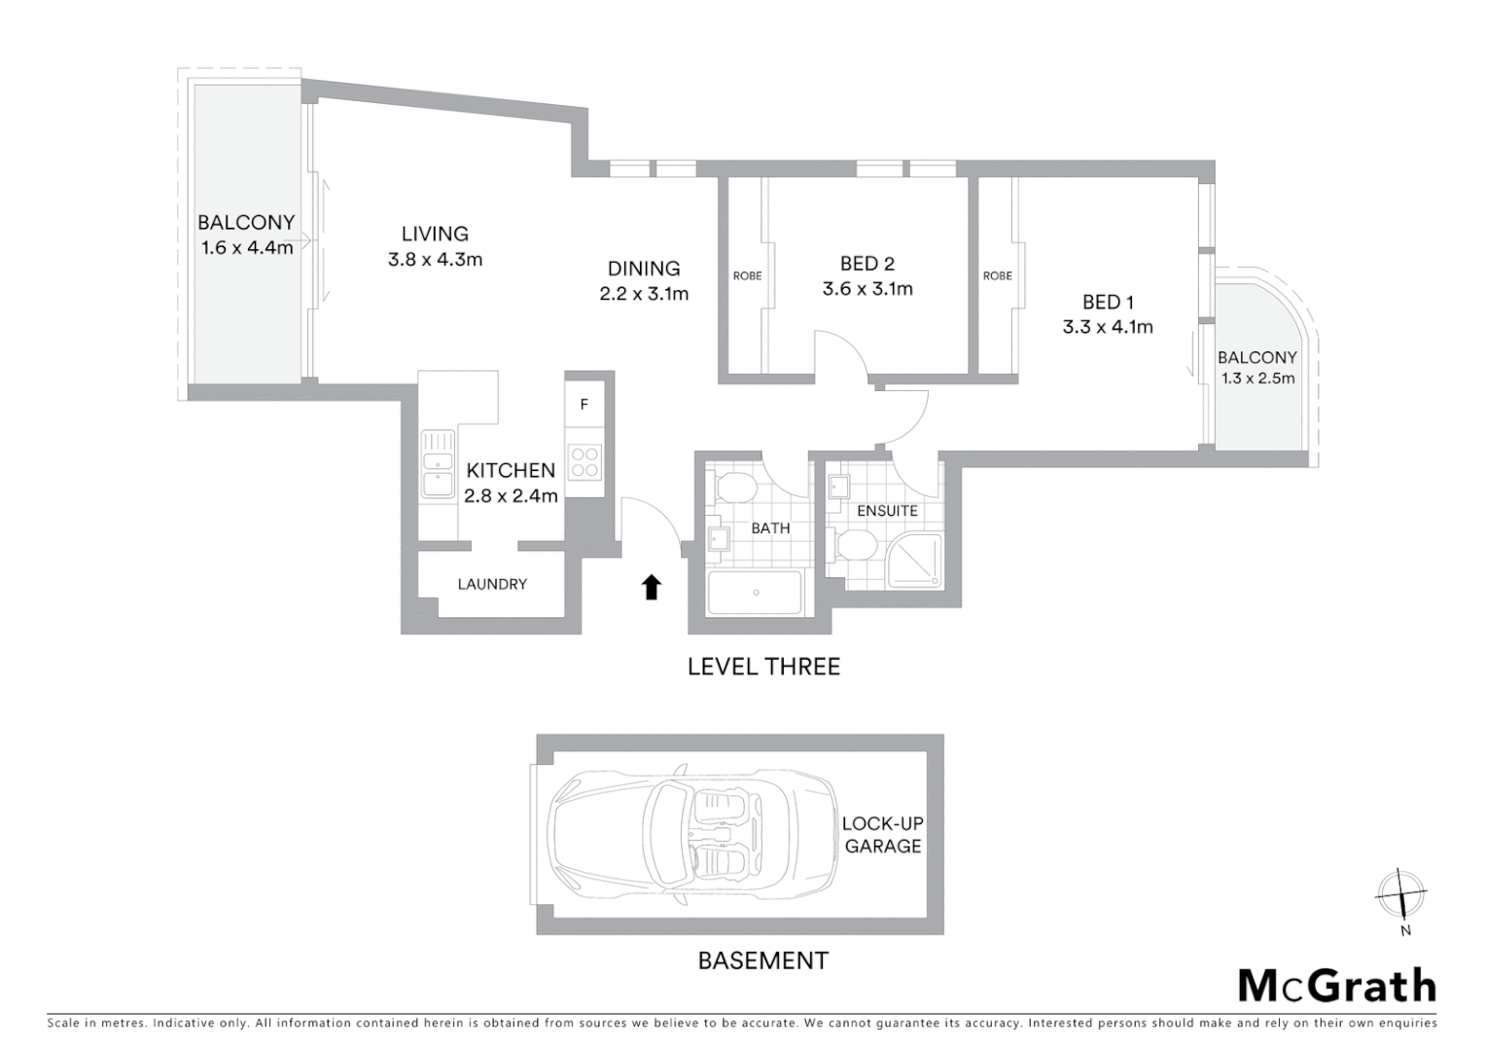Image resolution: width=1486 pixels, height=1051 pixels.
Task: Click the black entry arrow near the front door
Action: [x=652, y=587]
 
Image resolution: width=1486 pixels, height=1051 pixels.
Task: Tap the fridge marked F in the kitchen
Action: [x=584, y=405]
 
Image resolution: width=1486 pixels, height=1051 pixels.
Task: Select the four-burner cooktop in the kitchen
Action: [x=584, y=461]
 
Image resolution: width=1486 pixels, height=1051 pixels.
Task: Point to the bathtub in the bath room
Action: [x=755, y=592]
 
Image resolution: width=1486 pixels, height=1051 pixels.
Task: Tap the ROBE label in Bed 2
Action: [x=747, y=276]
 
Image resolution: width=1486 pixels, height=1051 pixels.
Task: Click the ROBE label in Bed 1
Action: [x=997, y=276]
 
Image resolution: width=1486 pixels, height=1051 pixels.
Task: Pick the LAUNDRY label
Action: [x=492, y=584]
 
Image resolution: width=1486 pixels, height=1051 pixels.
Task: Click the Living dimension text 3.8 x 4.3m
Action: [x=435, y=260]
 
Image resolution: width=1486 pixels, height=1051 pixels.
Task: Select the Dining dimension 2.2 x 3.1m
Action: [x=644, y=294]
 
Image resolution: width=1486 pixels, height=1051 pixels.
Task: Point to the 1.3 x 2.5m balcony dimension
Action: [x=1257, y=379]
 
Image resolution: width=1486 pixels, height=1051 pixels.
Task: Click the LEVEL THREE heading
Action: [x=763, y=667]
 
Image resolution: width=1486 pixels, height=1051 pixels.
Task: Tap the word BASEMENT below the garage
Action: [x=763, y=960]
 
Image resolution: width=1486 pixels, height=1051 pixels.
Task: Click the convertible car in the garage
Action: [x=691, y=834]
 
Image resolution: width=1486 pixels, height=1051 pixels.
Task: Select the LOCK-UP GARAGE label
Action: [x=883, y=835]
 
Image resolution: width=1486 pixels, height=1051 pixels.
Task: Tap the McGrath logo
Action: [x=1336, y=986]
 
